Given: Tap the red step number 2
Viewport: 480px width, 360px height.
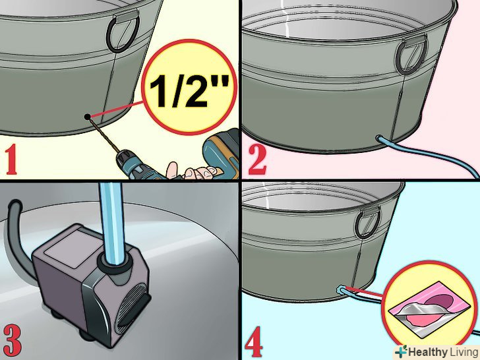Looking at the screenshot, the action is pyautogui.click(x=257, y=160).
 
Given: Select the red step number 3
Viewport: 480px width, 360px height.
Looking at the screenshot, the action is pyautogui.click(x=13, y=340).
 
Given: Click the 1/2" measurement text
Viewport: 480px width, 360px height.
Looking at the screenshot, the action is pyautogui.click(x=189, y=91).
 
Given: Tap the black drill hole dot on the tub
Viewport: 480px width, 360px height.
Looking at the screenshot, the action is pyautogui.click(x=88, y=117).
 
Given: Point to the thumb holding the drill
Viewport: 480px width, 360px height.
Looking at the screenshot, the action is pyautogui.click(x=172, y=169).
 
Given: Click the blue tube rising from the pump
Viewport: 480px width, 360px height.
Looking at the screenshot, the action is pyautogui.click(x=111, y=221).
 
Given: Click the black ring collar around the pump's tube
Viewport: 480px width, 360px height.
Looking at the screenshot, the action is pyautogui.click(x=114, y=262).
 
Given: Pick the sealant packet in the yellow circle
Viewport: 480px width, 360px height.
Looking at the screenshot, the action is pyautogui.click(x=429, y=309).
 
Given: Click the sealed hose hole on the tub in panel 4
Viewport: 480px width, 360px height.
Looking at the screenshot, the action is pyautogui.click(x=342, y=289).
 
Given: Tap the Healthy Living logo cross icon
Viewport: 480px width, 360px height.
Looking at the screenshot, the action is pyautogui.click(x=401, y=351).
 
